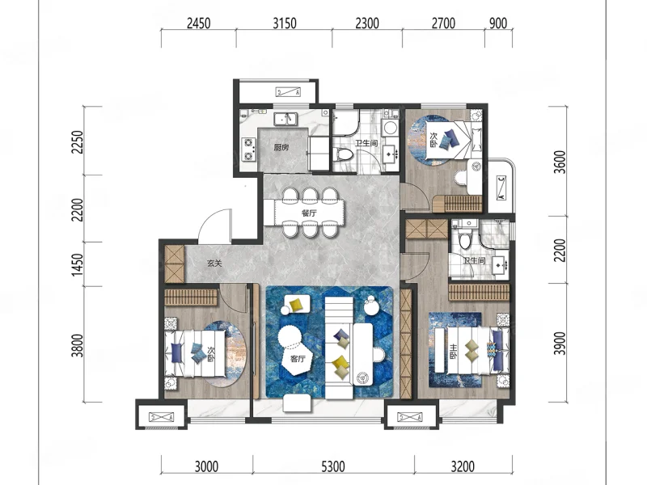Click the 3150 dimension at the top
click(285, 23)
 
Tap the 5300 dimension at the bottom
click(333, 467)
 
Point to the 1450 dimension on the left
click(77, 264)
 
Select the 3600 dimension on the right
click(560, 162)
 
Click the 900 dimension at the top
click(498, 23)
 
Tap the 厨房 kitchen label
click(281, 147)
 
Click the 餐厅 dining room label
click(309, 213)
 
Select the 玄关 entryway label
click(214, 264)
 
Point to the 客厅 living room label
click(298, 359)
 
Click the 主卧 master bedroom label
click(454, 351)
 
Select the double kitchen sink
click(285, 119)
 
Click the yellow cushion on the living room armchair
click(296, 305)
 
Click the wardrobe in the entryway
click(174, 264)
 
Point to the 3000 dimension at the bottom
click(206, 467)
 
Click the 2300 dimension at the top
click(367, 23)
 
